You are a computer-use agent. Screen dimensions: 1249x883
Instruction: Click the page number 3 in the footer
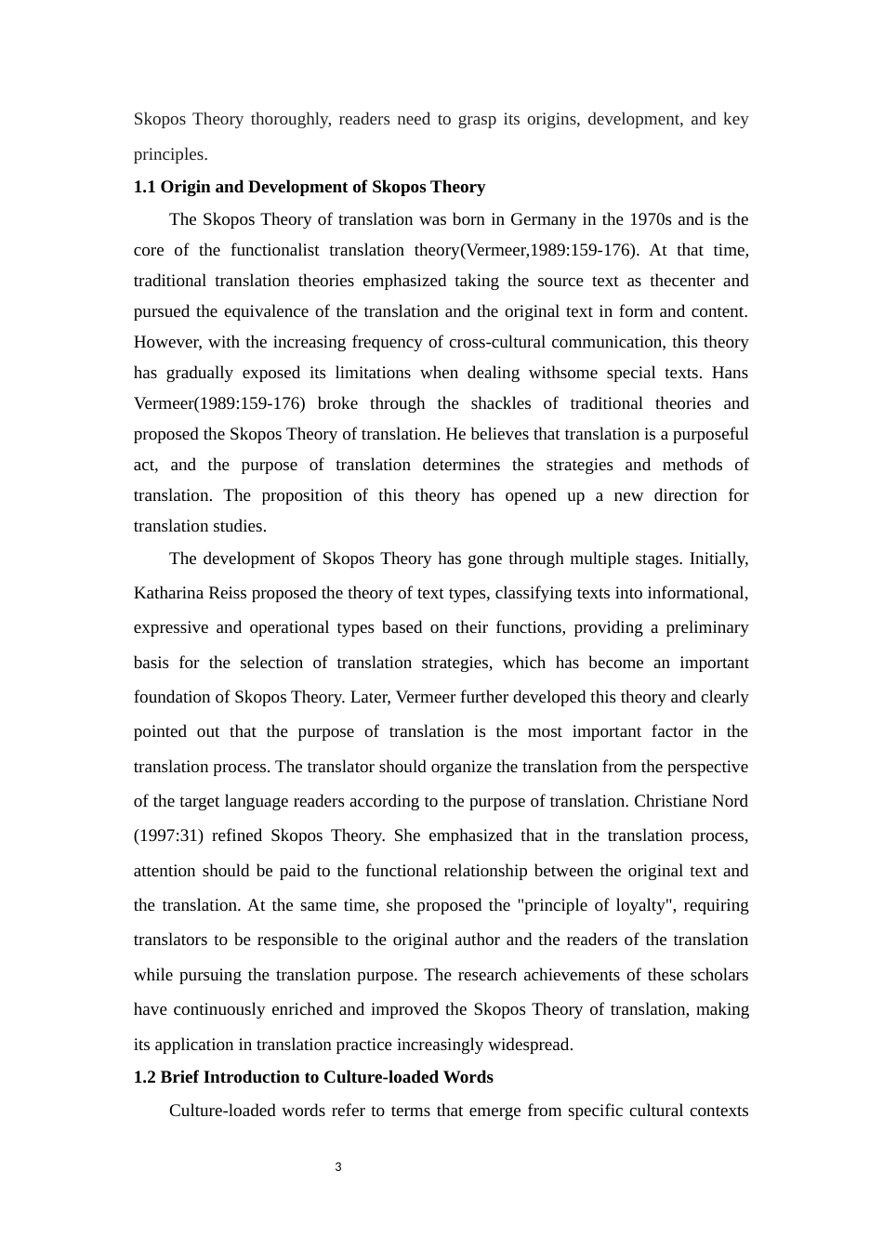click(x=338, y=1167)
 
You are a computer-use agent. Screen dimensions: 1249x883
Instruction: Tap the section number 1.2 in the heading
click(x=145, y=1077)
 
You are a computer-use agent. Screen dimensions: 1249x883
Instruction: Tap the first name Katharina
click(x=169, y=593)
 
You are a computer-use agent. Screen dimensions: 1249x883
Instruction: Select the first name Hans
click(x=730, y=373)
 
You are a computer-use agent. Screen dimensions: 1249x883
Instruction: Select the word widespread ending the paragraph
click(x=530, y=1045)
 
